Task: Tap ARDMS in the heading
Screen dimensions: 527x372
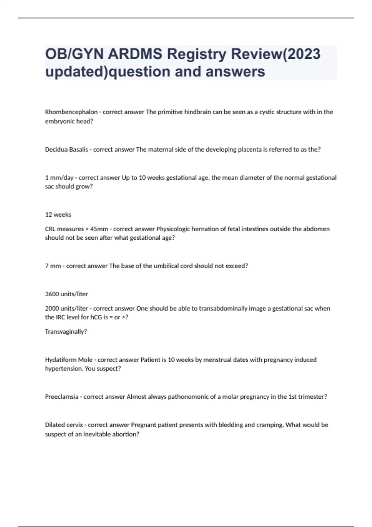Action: coord(135,54)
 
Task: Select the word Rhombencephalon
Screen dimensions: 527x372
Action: coord(71,112)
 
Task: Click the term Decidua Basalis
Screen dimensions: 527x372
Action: coord(66,149)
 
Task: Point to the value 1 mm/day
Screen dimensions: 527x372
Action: coord(59,178)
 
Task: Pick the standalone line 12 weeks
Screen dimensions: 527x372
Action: coord(58,215)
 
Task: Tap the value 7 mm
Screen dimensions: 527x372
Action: coord(53,266)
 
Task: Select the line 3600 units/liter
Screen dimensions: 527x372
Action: coord(66,294)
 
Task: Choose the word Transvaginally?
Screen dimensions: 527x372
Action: coord(66,332)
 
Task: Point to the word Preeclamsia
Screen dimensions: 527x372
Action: coord(62,397)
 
